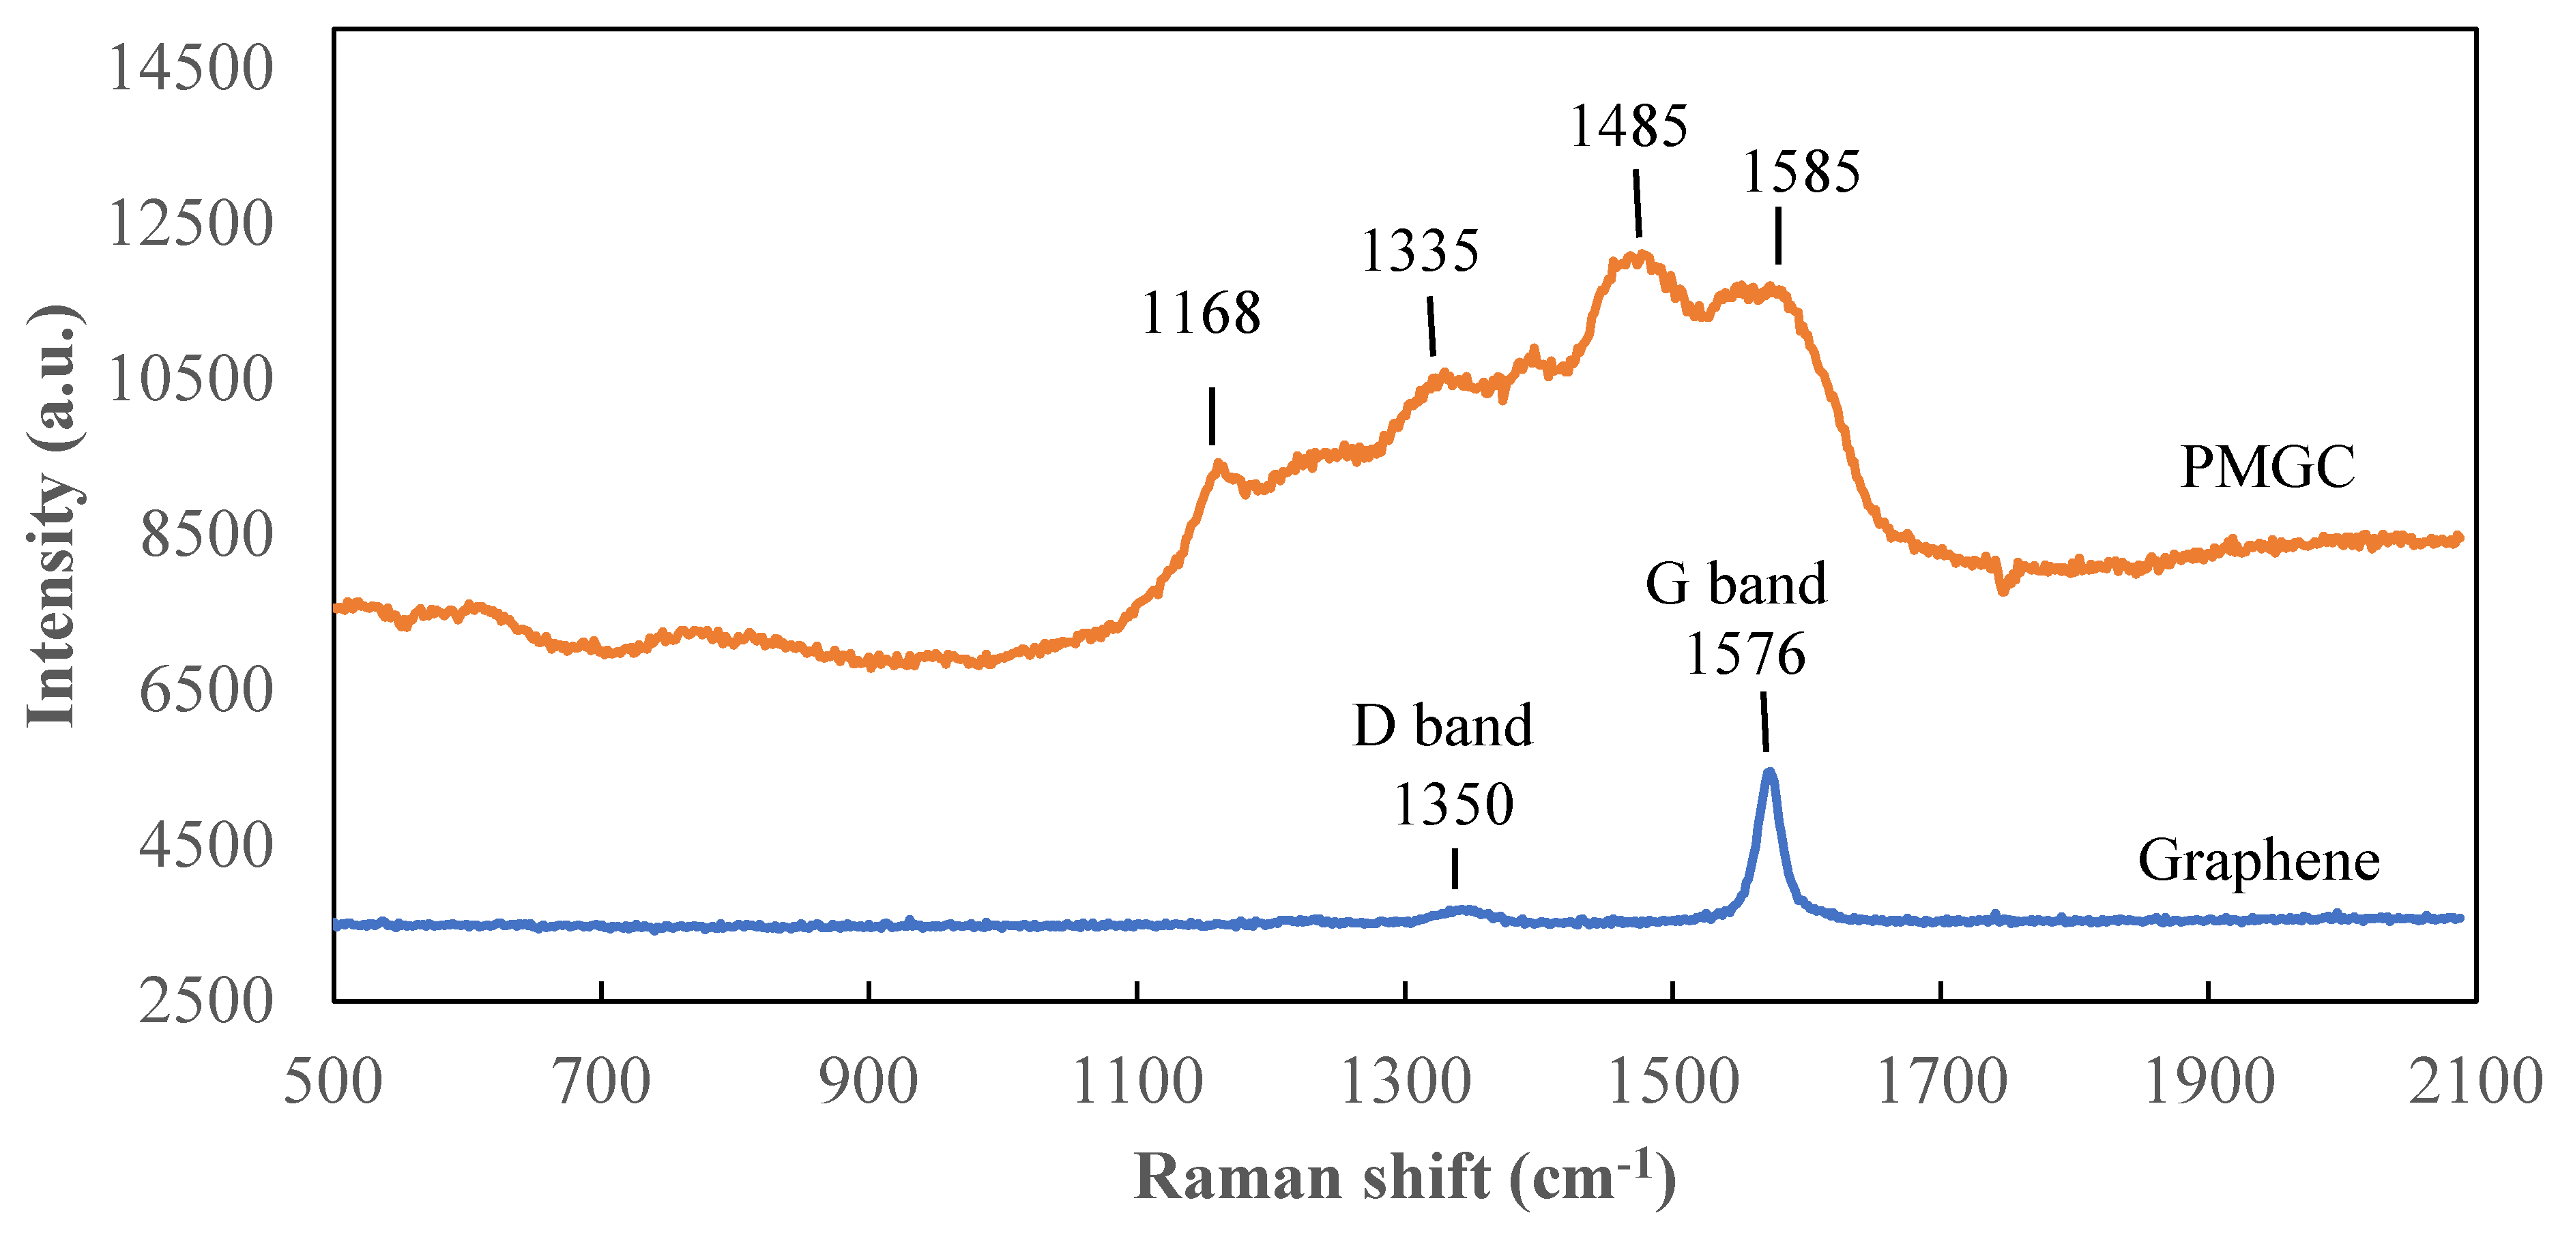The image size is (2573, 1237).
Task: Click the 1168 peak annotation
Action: coord(1201,314)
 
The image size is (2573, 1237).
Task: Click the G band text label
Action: coord(1736,583)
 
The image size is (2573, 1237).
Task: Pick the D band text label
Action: coord(1442,725)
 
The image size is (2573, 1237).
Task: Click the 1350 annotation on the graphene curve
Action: coord(1453,805)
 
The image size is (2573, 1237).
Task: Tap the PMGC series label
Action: coord(2267,467)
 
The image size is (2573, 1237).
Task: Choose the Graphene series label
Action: coord(2258,861)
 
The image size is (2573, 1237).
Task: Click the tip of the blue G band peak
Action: coord(1769,772)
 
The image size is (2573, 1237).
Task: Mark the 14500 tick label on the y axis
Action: coord(190,69)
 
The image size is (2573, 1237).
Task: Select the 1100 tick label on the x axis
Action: coord(1137,1082)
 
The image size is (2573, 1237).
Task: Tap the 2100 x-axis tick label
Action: coord(2475,1082)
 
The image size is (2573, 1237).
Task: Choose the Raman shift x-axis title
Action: coord(1404,1178)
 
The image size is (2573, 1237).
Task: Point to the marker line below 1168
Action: coord(1212,415)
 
